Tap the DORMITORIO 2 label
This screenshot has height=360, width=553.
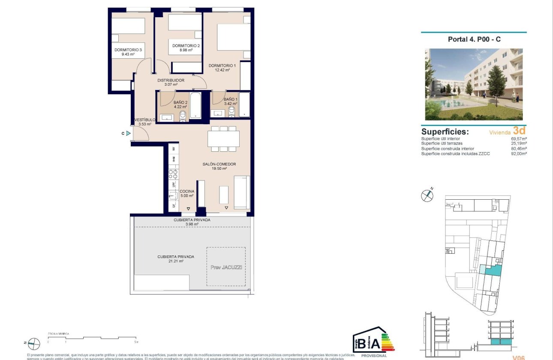coord(186,45)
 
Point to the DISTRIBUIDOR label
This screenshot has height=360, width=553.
coord(171,80)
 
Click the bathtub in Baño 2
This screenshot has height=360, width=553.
coord(195,105)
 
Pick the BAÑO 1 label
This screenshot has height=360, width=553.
coord(230,99)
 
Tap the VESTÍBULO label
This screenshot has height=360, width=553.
coord(144,120)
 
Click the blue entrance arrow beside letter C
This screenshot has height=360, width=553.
coord(128,133)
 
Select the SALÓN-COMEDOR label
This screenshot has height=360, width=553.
coord(219,164)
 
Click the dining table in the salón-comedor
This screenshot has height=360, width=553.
coord(223,138)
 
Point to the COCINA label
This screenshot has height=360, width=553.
coord(187,191)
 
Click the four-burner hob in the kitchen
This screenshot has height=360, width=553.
coord(173,174)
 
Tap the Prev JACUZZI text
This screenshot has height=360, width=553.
coord(226,267)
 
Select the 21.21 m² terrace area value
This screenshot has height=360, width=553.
coord(176,261)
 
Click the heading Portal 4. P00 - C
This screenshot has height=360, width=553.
coord(474,39)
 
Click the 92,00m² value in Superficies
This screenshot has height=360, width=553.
coord(519,153)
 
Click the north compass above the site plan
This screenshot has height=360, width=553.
coord(427,195)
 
